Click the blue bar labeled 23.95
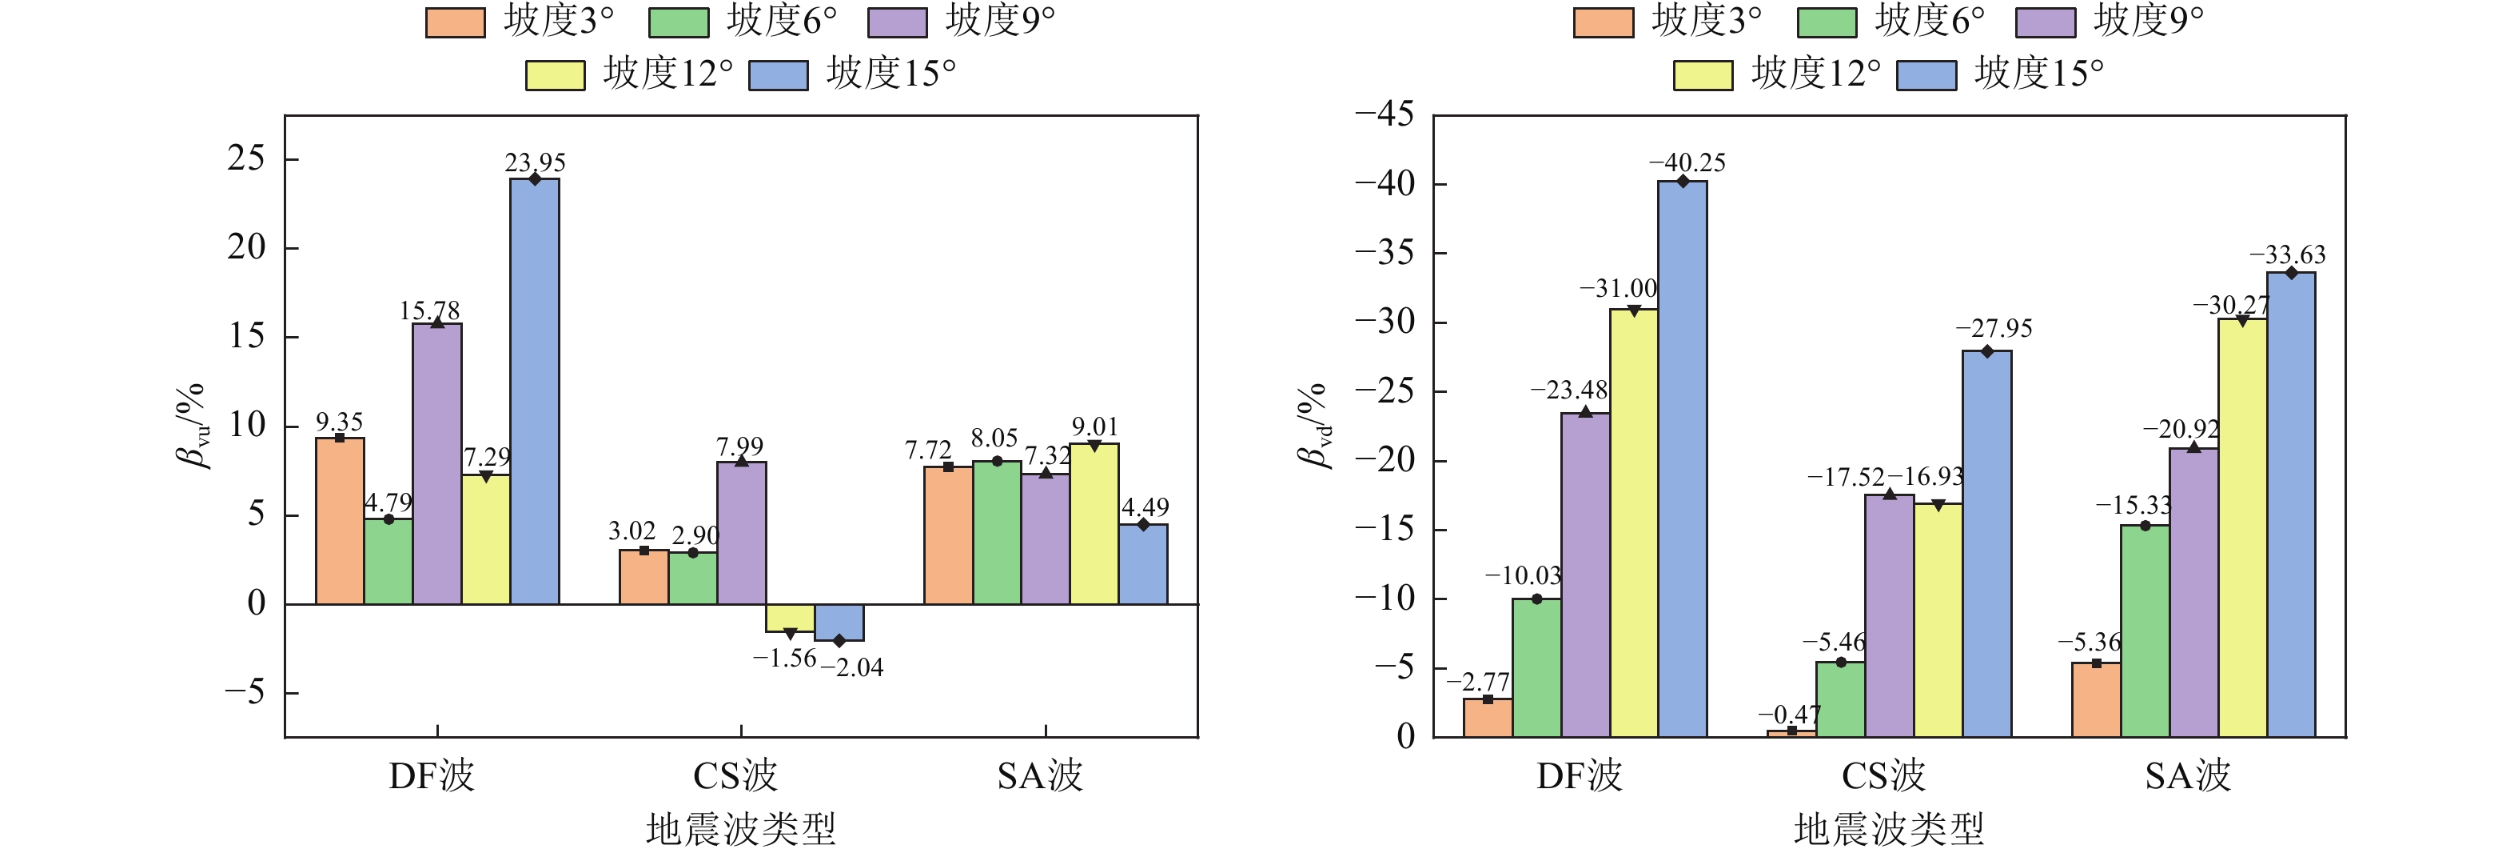click(535, 391)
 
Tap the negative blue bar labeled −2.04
click(839, 623)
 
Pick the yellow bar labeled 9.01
click(1094, 523)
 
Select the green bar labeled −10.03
click(1536, 667)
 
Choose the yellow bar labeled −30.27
click(2242, 527)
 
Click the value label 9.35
click(339, 422)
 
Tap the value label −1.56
click(784, 659)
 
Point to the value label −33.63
click(2287, 254)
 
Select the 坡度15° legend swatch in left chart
click(778, 75)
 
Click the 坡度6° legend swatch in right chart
click(1827, 22)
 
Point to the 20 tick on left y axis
click(246, 247)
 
